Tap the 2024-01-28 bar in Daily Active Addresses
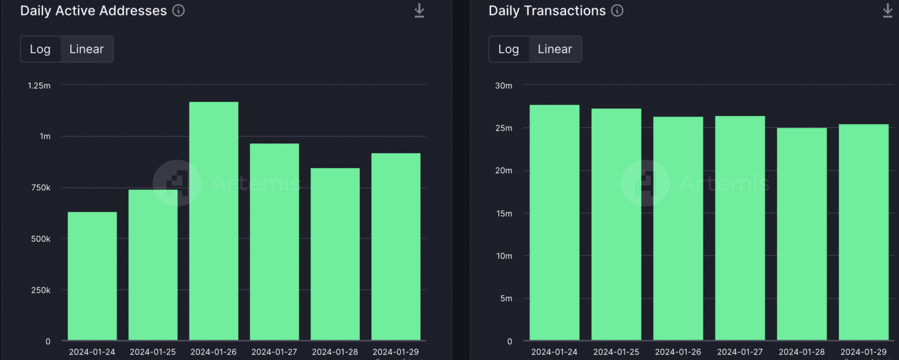click(335, 254)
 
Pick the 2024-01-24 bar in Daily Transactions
click(555, 222)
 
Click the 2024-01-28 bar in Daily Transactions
click(802, 234)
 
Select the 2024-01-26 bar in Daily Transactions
click(678, 228)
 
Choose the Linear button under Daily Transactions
click(555, 49)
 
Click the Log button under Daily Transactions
click(509, 49)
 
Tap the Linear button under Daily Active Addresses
click(87, 49)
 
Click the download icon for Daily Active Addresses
click(419, 11)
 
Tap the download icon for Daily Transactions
click(887, 11)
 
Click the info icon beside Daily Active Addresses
click(179, 11)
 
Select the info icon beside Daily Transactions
click(617, 11)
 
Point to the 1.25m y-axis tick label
click(39, 85)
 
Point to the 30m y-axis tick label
click(503, 85)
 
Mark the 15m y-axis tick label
click(503, 214)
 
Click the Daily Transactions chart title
click(547, 11)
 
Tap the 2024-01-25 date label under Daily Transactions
click(616, 352)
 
